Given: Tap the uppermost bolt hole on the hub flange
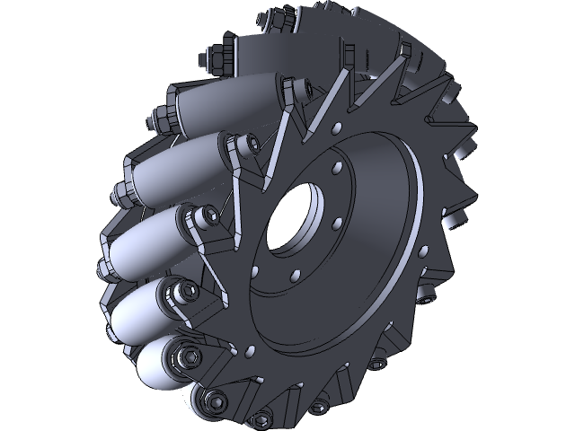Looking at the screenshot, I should [x=335, y=167].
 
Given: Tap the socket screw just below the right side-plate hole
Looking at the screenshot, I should [x=378, y=365].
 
